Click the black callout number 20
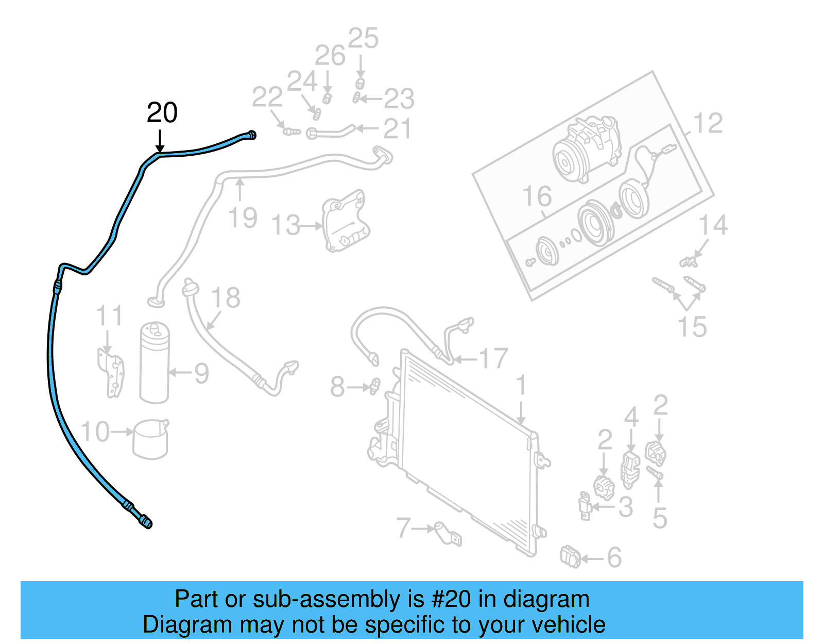pyautogui.click(x=162, y=112)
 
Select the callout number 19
pyautogui.click(x=243, y=218)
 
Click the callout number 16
pyautogui.click(x=537, y=196)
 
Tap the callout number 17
pyautogui.click(x=493, y=359)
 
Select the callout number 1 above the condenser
pyautogui.click(x=521, y=386)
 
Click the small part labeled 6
pyautogui.click(x=570, y=557)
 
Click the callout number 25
pyautogui.click(x=363, y=39)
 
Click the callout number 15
pyautogui.click(x=692, y=327)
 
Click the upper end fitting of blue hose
pyautogui.click(x=251, y=135)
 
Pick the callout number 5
pyautogui.click(x=660, y=518)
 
